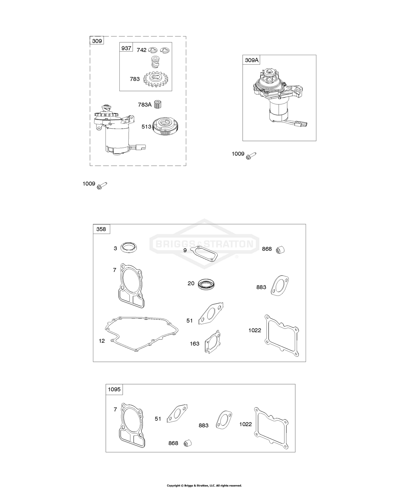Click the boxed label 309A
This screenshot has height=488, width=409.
251,60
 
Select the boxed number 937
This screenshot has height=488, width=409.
126,48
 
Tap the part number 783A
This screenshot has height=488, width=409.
145,104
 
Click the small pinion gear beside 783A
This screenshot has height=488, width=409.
158,105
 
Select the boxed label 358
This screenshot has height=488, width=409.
101,229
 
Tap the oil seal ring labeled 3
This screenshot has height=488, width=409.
129,248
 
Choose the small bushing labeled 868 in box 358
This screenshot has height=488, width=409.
280,249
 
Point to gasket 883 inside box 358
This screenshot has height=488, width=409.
280,285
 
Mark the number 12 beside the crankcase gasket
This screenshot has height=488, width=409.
102,341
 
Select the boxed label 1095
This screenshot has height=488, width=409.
114,389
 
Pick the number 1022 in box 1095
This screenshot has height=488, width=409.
245,424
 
